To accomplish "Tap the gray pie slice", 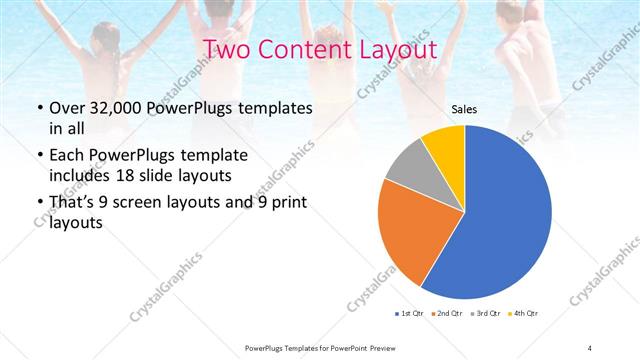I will pos(409,167).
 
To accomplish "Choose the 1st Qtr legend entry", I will pos(408,314).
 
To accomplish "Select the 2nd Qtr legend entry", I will pos(445,314).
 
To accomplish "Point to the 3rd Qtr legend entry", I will pos(483,314).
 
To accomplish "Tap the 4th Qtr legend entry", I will pos(521,314).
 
